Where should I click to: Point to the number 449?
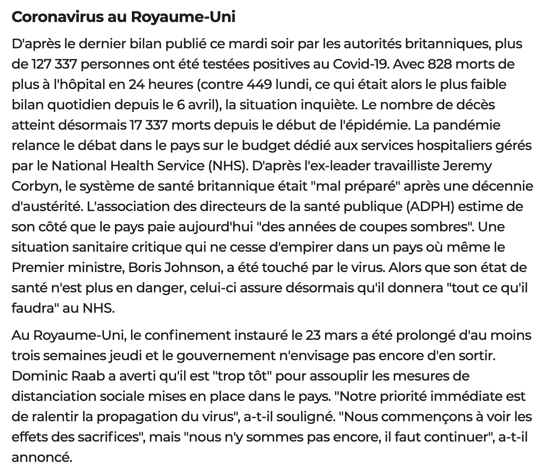259,84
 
